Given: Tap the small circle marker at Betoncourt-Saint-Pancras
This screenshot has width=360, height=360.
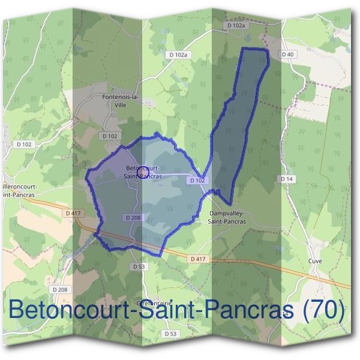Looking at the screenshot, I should pos(143,172).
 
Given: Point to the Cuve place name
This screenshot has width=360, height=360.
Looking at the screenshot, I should pos(315,262).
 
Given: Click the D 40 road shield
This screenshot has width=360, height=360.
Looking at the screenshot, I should pos(288,55).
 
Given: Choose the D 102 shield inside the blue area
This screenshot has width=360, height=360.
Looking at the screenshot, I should pos(197,180).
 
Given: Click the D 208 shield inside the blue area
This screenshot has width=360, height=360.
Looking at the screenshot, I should pos(133,217).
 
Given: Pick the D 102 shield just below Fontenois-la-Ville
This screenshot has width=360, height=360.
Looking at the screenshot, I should pos(110,136).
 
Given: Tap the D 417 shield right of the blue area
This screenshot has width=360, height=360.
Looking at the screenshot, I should pos(197,259).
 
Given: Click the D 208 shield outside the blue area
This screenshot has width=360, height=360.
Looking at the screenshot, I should pos(60,289).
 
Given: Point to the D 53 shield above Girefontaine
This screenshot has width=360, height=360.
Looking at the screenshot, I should pos(139,266).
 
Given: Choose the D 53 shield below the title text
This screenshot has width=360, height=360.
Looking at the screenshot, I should pos(171,334).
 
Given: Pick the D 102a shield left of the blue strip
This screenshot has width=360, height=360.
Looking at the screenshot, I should pos(178,55).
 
